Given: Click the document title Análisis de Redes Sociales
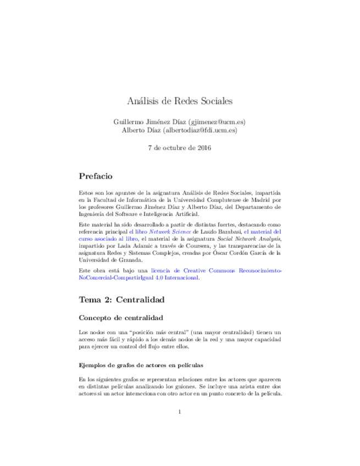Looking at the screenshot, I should pos(180,102).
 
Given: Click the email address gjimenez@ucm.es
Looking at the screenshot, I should pos(217,121).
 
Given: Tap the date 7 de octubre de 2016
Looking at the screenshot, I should pos(180,148).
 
